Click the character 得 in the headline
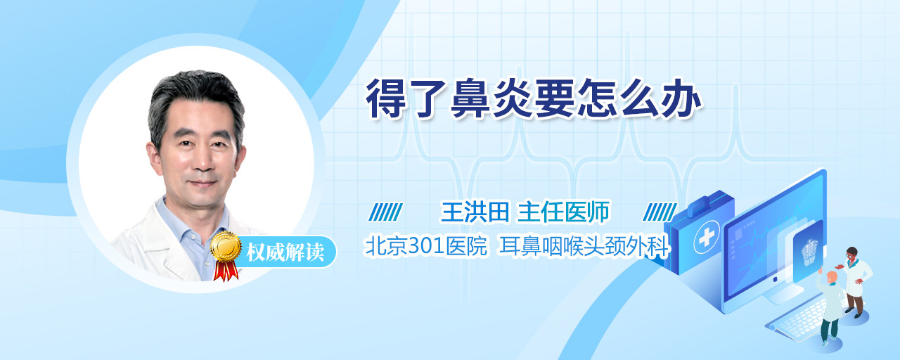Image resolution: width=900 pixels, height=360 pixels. [x=386, y=99]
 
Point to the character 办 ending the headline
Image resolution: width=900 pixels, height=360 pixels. [x=681, y=99]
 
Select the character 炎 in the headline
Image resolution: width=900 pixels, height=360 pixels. [x=513, y=99]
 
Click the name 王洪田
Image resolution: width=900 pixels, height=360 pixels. [x=475, y=212]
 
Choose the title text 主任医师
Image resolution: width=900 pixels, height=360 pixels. [x=563, y=212]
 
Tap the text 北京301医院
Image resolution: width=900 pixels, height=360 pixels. [x=426, y=246]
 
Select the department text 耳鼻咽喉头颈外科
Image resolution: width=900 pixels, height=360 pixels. [x=584, y=246]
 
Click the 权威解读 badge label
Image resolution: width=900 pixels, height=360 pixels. [x=285, y=252]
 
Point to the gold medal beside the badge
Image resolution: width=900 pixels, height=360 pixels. [x=226, y=246]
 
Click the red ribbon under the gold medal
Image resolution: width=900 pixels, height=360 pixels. [x=226, y=271]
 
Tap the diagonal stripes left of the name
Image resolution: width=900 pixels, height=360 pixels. [x=386, y=212]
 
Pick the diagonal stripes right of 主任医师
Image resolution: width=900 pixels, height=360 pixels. [x=660, y=212]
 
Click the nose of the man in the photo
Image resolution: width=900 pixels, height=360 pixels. [x=203, y=161]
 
